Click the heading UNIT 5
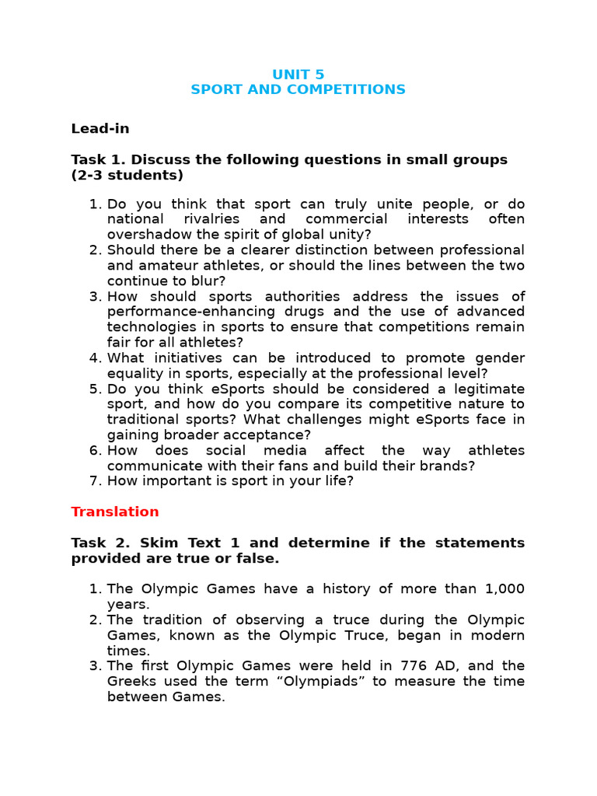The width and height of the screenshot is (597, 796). tap(298, 75)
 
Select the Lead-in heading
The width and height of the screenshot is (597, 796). tap(100, 129)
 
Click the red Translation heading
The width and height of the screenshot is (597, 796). tap(115, 511)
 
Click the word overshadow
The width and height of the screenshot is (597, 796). tap(145, 235)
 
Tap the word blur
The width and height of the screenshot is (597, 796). tap(209, 281)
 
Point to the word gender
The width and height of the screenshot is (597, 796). tap(499, 358)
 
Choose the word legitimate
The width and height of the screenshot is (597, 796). tap(483, 389)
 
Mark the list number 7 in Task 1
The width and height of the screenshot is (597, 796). tap(95, 481)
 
